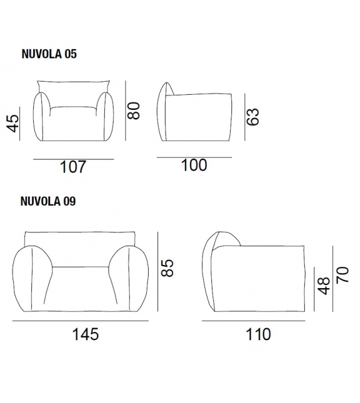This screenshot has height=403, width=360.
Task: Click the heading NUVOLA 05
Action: click(49, 55)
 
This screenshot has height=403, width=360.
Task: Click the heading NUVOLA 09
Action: click(49, 201)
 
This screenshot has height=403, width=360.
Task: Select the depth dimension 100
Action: click(194, 165)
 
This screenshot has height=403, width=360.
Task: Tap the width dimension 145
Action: click(85, 334)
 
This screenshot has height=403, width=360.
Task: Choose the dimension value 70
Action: click(342, 274)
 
